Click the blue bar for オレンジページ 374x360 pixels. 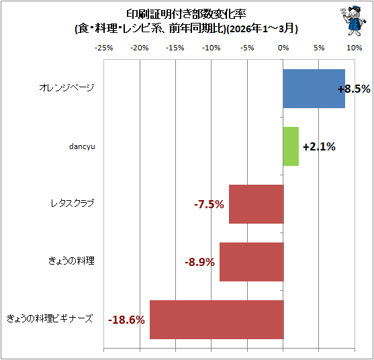tap(314, 89)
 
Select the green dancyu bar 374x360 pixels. tap(291, 146)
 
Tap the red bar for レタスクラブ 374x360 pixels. tap(256, 204)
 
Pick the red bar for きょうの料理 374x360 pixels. tap(252, 262)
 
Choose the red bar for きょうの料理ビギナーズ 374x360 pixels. tap(217, 320)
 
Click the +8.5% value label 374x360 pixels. tap(354, 89)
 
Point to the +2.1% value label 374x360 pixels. tap(319, 146)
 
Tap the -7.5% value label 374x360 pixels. tap(209, 204)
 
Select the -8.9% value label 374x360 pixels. tap(199, 262)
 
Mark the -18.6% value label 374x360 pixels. tap(126, 320)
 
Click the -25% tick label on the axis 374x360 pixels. tap(104, 48)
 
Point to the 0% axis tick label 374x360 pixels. tap(283, 48)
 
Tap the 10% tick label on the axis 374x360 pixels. tap(355, 48)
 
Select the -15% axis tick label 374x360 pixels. tap(175, 48)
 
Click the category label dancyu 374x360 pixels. tap(82, 146)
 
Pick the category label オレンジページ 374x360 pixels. tap(66, 88)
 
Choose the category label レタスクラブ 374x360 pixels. tap(73, 204)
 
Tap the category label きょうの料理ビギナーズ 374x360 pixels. tap(50, 319)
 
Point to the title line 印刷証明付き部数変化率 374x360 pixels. tap(186, 15)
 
